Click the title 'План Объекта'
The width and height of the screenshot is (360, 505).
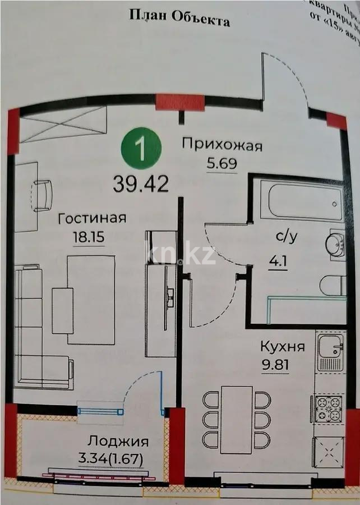tap(179, 19)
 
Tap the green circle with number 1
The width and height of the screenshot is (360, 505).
tap(142, 149)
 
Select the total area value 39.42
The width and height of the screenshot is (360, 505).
tap(141, 183)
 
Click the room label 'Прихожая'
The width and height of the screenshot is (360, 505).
tap(222, 146)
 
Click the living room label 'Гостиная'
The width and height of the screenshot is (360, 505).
tap(92, 219)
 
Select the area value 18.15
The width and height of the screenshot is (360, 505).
tap(89, 237)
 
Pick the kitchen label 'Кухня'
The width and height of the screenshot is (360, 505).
tap(283, 347)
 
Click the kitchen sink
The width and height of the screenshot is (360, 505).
tap(331, 351)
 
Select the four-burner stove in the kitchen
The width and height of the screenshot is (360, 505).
tap(329, 409)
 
